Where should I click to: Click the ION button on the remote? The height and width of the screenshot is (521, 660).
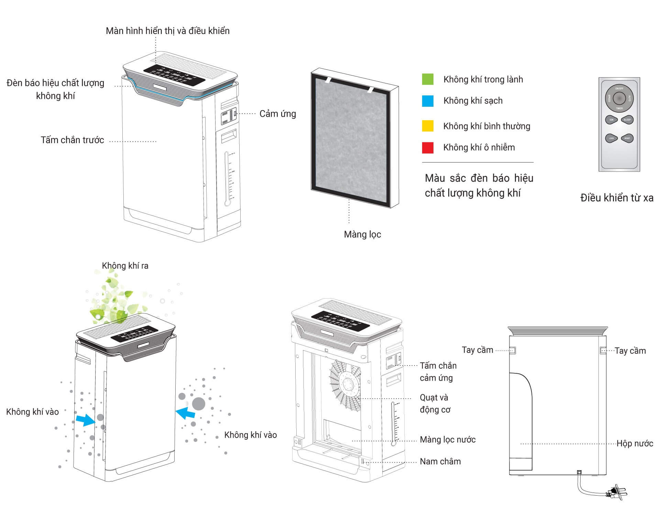pyautogui.click(x=611, y=119)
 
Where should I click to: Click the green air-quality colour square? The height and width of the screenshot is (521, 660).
pyautogui.click(x=428, y=79)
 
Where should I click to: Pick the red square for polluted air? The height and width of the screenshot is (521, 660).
pyautogui.click(x=428, y=148)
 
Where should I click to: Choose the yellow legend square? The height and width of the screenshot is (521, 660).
pyautogui.click(x=428, y=126)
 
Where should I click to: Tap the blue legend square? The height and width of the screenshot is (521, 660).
pyautogui.click(x=428, y=101)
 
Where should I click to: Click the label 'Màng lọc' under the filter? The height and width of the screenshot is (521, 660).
pyautogui.click(x=362, y=234)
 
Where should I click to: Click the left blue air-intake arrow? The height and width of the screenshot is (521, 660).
pyautogui.click(x=86, y=420)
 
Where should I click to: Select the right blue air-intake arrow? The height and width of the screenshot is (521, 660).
pyautogui.click(x=186, y=413)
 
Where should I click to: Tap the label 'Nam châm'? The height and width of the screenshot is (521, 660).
pyautogui.click(x=440, y=462)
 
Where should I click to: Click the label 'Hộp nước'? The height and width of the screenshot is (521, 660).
pyautogui.click(x=635, y=443)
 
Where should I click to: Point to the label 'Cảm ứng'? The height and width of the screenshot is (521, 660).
pyautogui.click(x=277, y=114)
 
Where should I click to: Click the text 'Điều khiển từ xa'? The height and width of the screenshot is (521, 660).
pyautogui.click(x=617, y=198)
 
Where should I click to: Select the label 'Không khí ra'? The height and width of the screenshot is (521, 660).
pyautogui.click(x=125, y=266)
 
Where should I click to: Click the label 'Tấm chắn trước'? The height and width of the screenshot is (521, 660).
pyautogui.click(x=72, y=140)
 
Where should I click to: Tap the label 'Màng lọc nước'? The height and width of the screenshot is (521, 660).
pyautogui.click(x=448, y=440)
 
